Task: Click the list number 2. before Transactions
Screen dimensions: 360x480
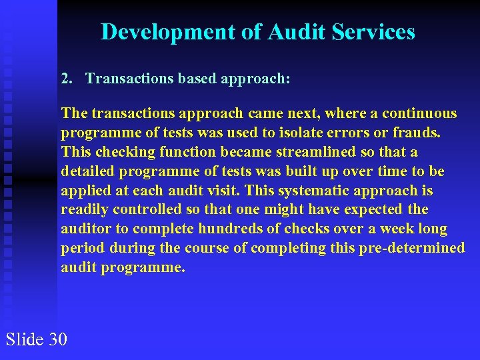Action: (67, 79)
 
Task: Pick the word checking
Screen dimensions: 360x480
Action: (119, 152)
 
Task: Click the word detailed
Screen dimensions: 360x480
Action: (87, 171)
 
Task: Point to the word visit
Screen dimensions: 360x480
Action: (235, 191)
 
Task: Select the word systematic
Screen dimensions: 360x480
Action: (314, 191)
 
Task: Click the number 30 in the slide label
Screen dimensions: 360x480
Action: (58, 339)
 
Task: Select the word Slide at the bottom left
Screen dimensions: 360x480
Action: (25, 339)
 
